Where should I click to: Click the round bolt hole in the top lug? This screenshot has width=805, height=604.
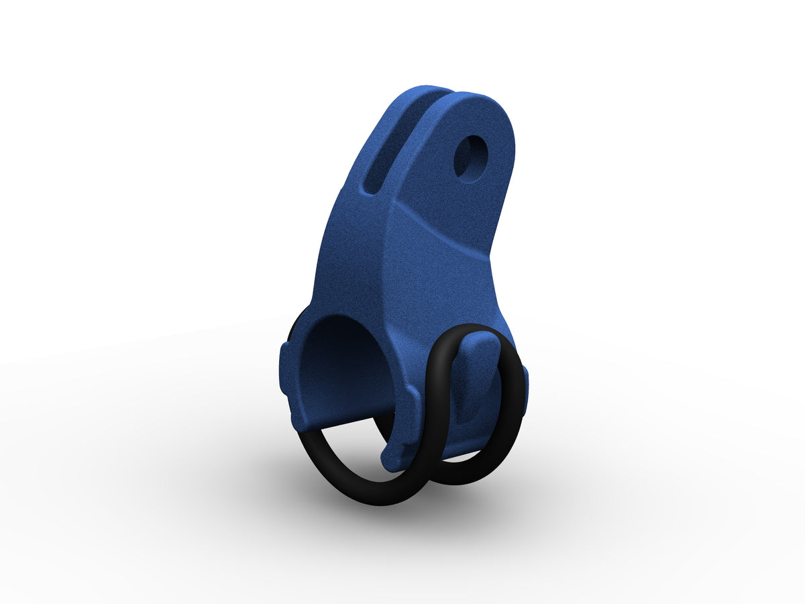[x=472, y=158]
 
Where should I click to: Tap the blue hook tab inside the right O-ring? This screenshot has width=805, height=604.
[x=478, y=362]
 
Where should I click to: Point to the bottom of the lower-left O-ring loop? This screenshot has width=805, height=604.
[x=376, y=500]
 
